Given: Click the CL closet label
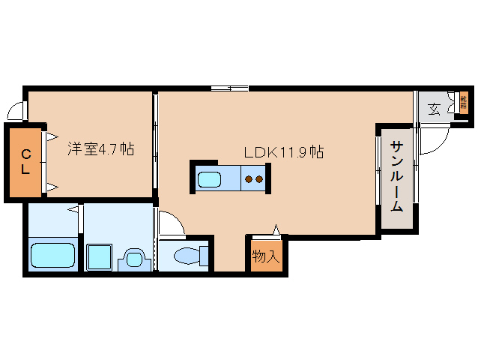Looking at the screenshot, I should coord(25,162).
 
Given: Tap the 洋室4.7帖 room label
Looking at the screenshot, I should coord(100,149).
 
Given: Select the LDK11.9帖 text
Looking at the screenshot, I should coord(283,152).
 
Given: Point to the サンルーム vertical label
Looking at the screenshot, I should coord(396,177).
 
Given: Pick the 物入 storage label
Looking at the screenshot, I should coord(265,256).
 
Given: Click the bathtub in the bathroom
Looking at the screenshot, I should coord(52,256).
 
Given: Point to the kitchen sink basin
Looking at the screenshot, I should coord(209,179).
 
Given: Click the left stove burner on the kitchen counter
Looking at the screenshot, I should coord(249,179).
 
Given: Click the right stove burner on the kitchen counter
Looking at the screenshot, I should coord(260,179).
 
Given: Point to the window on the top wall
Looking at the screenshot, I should coord(229,88).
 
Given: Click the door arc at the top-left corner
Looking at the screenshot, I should coord(15,112).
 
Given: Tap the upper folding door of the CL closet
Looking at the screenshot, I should coord(52,137).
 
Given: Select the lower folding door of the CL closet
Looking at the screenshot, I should coord(52,184).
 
